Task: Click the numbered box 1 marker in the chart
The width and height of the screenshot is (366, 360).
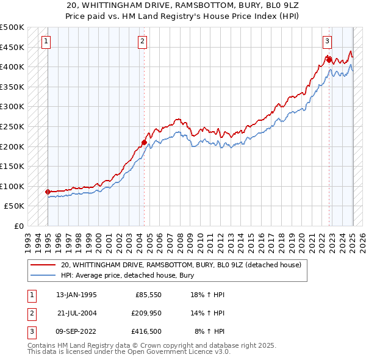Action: [46, 41]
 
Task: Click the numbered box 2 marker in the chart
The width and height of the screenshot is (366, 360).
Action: [142, 41]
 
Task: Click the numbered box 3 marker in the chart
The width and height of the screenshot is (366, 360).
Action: [328, 41]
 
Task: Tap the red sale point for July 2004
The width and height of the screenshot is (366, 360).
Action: [145, 143]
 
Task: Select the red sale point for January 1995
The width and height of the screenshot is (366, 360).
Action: [48, 192]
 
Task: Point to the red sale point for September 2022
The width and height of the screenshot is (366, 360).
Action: [329, 60]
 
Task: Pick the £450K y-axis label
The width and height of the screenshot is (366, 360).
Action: [12, 47]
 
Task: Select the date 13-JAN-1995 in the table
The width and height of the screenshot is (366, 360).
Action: [76, 295]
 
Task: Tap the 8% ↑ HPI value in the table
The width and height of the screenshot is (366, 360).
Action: [209, 331]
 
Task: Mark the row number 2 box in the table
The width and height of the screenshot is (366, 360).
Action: [30, 313]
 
